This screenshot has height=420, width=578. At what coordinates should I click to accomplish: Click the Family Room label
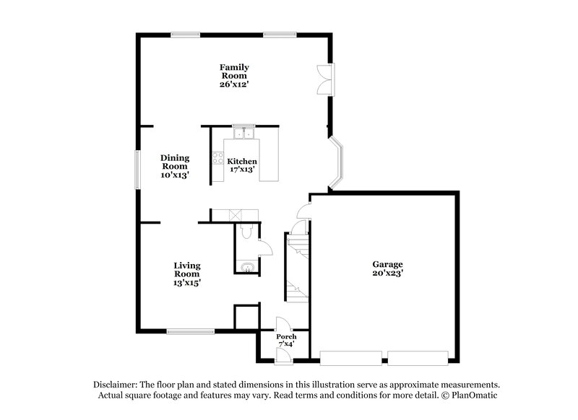234,71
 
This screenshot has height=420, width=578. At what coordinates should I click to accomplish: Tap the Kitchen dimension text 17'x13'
242,170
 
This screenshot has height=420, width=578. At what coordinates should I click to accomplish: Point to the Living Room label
186,270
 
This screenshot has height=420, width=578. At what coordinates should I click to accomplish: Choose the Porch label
287,336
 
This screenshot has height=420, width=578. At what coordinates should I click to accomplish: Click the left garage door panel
352,355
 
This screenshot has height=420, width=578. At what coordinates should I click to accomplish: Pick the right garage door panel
418,355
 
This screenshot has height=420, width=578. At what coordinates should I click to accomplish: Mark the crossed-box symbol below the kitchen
236,214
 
